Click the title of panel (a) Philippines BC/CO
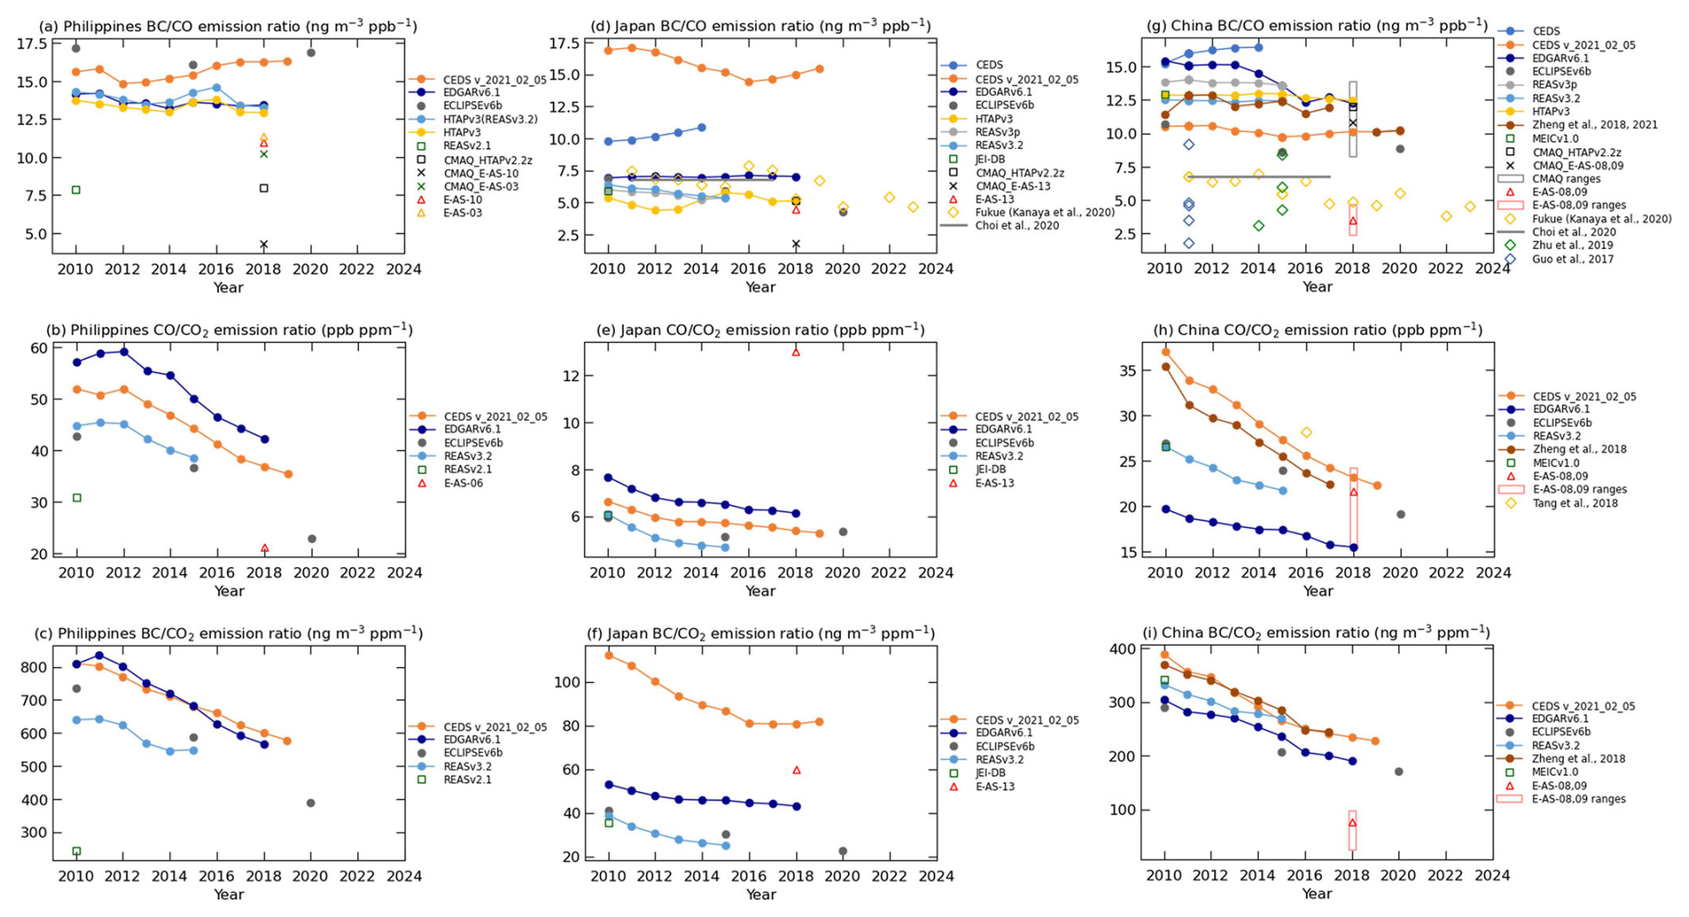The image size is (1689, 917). pyautogui.click(x=228, y=26)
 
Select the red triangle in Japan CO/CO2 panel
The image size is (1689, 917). pyautogui.click(x=795, y=352)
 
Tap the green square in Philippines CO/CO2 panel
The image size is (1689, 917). pyautogui.click(x=77, y=497)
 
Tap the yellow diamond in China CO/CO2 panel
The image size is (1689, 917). pyautogui.click(x=1306, y=432)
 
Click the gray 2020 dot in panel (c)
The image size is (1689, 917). pyautogui.click(x=311, y=803)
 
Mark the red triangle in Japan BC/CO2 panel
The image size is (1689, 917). pyautogui.click(x=795, y=770)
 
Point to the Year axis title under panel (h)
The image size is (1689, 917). pyautogui.click(x=1317, y=590)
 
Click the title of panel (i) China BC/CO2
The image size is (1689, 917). pyautogui.click(x=1316, y=633)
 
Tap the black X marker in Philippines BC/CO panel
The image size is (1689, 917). pyautogui.click(x=263, y=245)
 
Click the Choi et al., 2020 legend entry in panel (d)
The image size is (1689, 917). pyautogui.click(x=1017, y=226)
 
